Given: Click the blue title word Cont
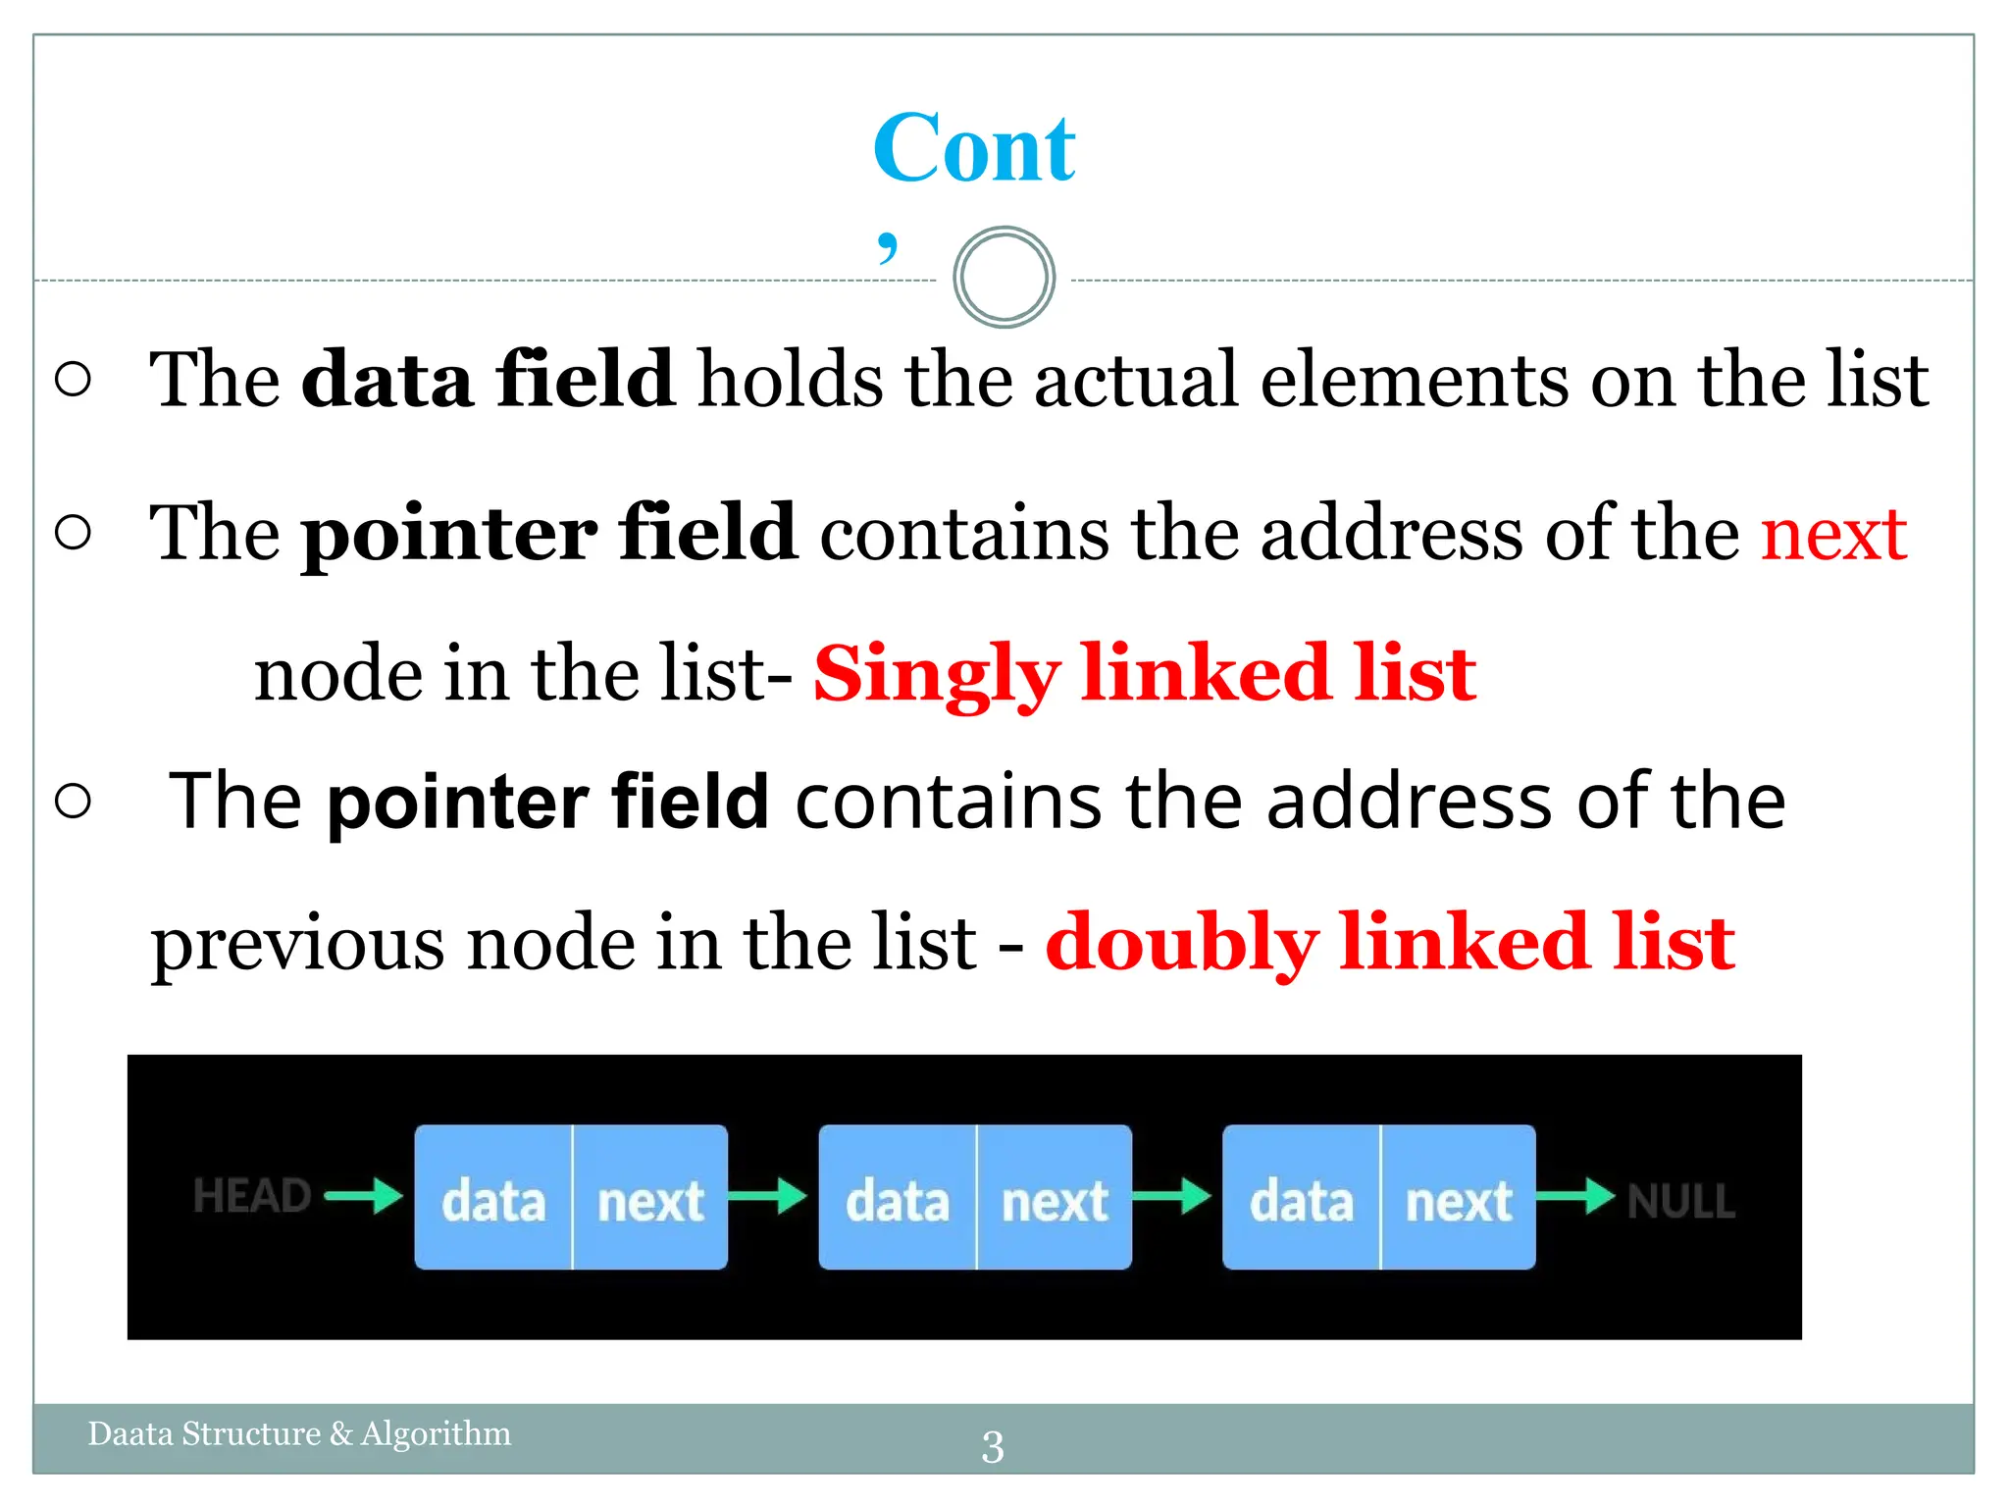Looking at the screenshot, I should click(x=974, y=149).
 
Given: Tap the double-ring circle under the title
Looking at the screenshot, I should click(x=1004, y=278).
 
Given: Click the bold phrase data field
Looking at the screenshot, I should click(x=488, y=380).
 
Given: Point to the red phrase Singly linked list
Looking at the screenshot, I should click(x=1145, y=674).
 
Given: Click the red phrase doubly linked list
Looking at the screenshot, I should click(x=1390, y=943).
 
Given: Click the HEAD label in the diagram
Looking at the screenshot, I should click(x=251, y=1197).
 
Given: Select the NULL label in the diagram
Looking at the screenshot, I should click(x=1681, y=1201).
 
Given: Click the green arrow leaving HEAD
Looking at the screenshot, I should click(x=364, y=1196).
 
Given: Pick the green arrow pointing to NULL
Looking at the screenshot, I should click(x=1575, y=1196).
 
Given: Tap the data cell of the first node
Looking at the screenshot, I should click(x=493, y=1199).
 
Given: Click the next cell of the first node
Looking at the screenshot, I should click(x=650, y=1199).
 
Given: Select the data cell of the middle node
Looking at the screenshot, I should click(x=898, y=1199).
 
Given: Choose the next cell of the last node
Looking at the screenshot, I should click(x=1459, y=1199).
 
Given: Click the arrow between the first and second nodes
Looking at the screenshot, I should click(x=768, y=1196).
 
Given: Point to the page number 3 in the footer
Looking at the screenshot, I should click(x=993, y=1447).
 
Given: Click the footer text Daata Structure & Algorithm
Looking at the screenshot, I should click(x=299, y=1433).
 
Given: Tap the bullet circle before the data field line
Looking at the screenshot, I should click(x=74, y=380).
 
